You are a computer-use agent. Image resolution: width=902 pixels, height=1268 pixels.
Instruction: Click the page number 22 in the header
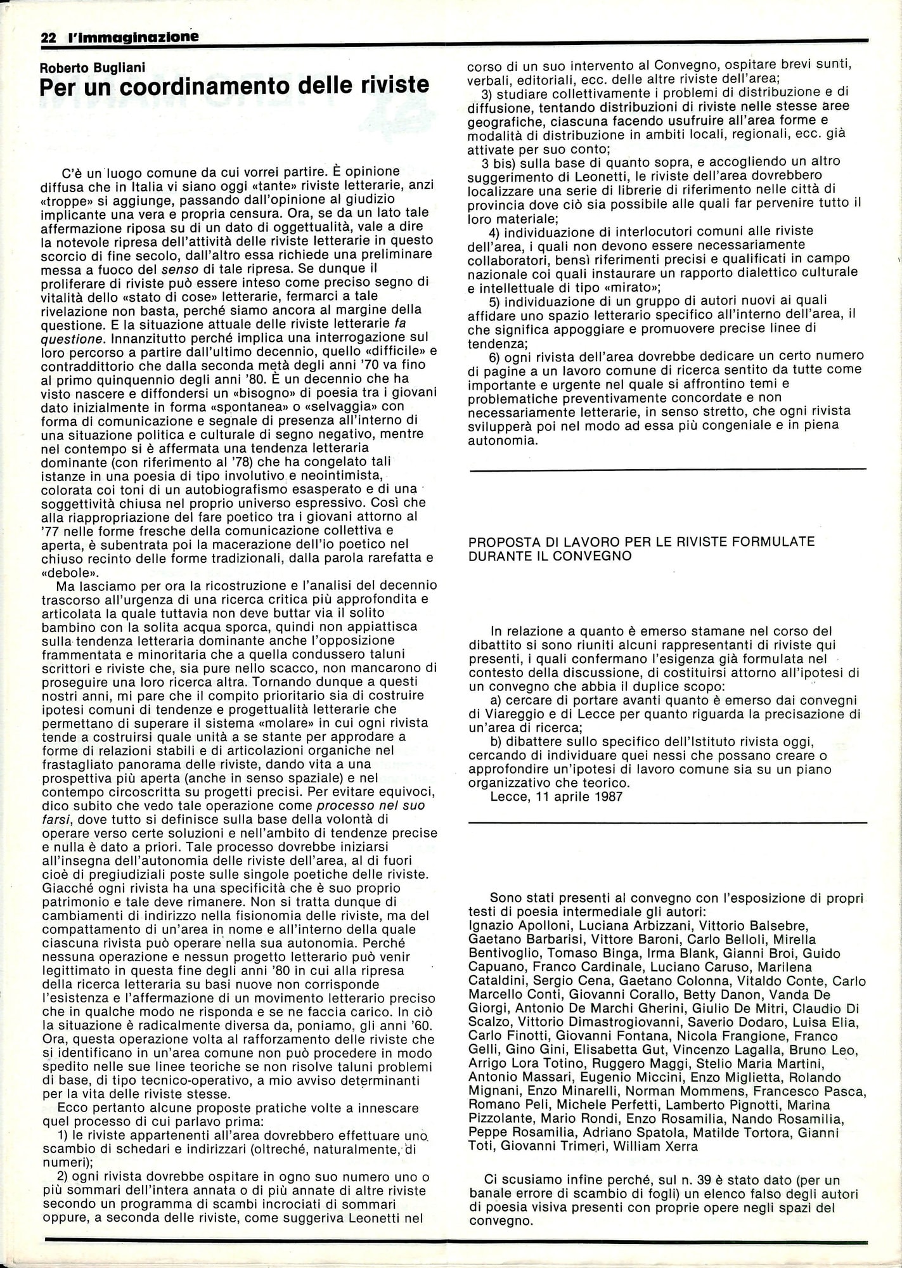click(x=48, y=37)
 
